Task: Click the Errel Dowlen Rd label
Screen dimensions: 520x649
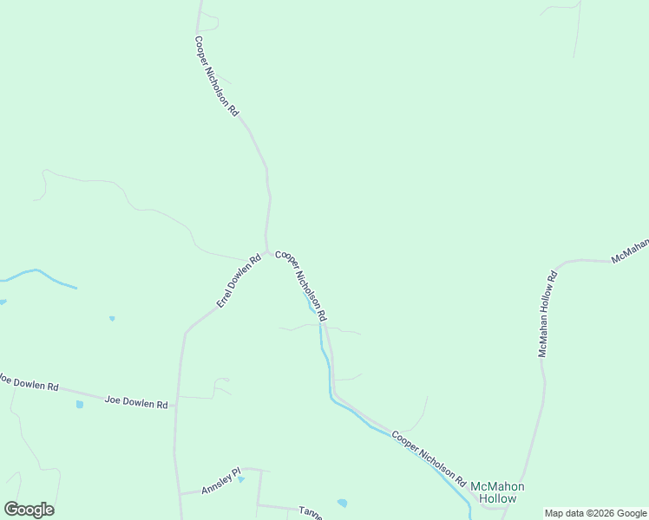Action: pos(239,281)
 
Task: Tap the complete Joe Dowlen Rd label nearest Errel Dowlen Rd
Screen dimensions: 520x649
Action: pos(135,402)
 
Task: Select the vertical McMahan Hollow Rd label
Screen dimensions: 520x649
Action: pos(547,313)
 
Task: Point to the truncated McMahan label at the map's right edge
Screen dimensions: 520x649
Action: pos(631,250)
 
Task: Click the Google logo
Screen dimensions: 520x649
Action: pos(29,510)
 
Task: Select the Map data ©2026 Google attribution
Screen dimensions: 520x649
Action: pos(596,513)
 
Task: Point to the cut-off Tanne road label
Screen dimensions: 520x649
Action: pos(310,513)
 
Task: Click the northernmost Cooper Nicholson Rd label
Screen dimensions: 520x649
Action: pos(216,76)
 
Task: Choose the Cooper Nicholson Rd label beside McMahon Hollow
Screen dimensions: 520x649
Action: pos(429,458)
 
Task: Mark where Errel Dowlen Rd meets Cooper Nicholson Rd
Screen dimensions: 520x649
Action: pos(267,251)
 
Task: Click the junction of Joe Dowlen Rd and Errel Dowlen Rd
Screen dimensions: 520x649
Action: pos(177,405)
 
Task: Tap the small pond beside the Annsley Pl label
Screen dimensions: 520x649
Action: pos(241,478)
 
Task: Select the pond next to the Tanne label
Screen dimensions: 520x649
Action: pos(342,503)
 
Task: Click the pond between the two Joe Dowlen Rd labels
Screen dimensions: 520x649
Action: pos(80,404)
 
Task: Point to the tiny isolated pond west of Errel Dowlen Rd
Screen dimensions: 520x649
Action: pos(112,318)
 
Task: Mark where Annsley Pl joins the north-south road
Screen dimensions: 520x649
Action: pos(179,494)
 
